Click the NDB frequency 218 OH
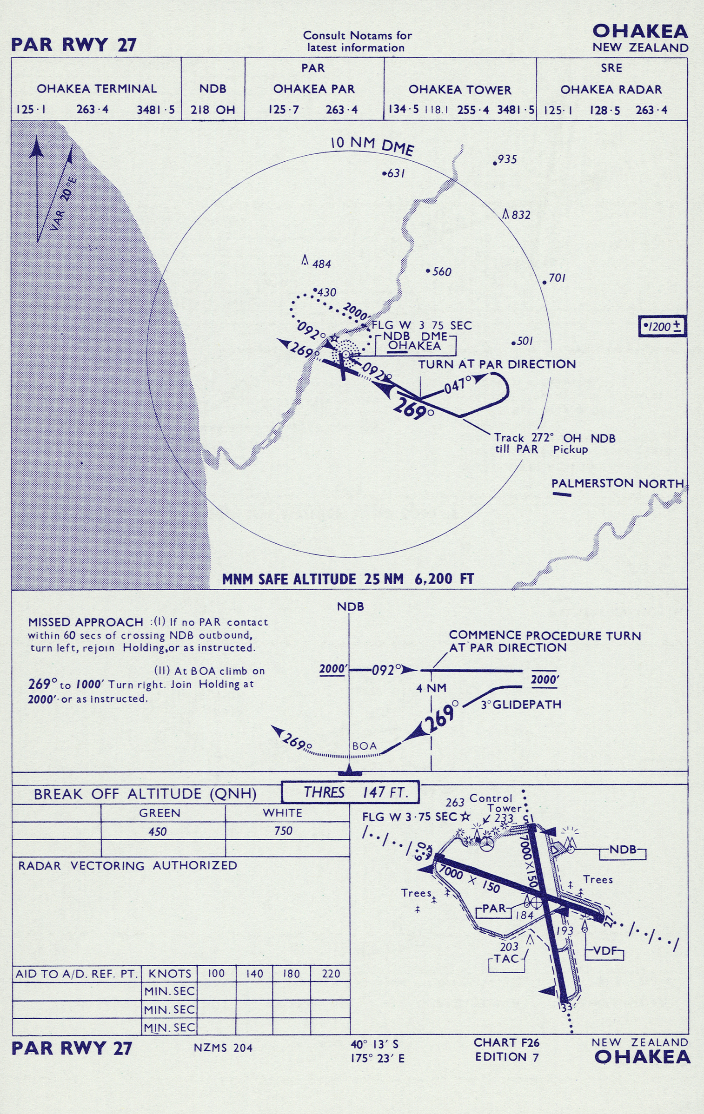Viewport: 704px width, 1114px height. pyautogui.click(x=213, y=110)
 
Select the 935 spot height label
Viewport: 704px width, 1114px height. pyautogui.click(x=507, y=159)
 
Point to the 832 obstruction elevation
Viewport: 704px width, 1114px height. pyautogui.click(x=521, y=215)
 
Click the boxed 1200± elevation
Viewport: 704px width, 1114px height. pyautogui.click(x=663, y=326)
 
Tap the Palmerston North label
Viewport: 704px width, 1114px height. pyautogui.click(x=618, y=483)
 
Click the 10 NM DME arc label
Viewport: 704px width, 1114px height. pyautogui.click(x=372, y=145)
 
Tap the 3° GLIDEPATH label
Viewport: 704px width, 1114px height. pyautogui.click(x=521, y=705)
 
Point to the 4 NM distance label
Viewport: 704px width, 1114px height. pyautogui.click(x=431, y=688)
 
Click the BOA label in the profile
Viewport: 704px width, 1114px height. pyautogui.click(x=365, y=746)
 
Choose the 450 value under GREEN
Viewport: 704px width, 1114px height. pyautogui.click(x=158, y=831)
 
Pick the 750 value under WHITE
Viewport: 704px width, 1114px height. pyautogui.click(x=283, y=831)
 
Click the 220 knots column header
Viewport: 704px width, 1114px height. pyautogui.click(x=331, y=974)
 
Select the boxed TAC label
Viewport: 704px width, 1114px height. pyautogui.click(x=506, y=958)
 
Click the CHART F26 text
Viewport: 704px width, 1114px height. pyautogui.click(x=506, y=1043)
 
